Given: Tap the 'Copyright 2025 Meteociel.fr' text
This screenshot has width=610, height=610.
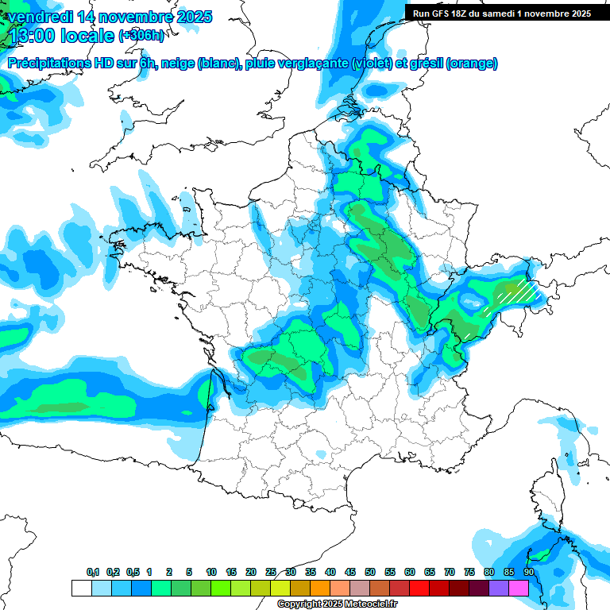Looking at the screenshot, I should [337, 604].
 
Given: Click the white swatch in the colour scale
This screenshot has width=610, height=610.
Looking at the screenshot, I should [81, 589].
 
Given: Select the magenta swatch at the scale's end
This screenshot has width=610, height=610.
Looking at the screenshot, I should [519, 589].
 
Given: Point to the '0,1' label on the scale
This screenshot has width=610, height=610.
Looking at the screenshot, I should [93, 572].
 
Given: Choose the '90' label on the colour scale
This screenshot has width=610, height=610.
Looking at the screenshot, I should [529, 572].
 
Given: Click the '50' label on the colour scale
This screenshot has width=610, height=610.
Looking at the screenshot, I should [370, 572].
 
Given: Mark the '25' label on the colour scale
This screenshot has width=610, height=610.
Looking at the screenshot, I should [271, 572].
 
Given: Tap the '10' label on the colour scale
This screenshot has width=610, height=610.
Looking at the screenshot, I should [211, 572].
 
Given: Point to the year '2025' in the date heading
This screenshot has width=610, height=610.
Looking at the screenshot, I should [194, 16].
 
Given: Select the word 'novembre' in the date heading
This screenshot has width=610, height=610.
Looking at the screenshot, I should [135, 16].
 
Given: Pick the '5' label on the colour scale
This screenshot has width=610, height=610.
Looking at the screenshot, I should [189, 572].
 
